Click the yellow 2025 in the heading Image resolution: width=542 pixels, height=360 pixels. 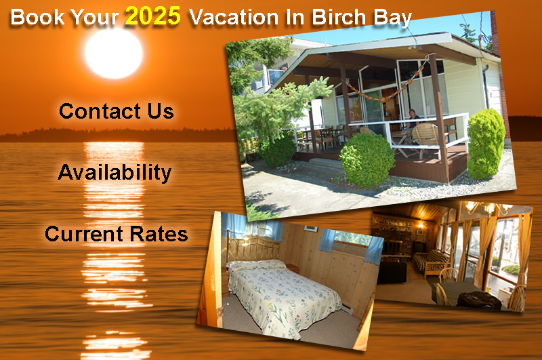click(152, 16)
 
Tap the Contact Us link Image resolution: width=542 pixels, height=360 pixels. click(116, 111)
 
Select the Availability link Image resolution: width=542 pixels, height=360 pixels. click(114, 172)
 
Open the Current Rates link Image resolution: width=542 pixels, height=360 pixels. click(116, 234)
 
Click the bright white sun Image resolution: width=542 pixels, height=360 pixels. click(114, 54)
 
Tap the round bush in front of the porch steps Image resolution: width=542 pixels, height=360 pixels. click(367, 160)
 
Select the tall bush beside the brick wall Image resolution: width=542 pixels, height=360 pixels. click(486, 144)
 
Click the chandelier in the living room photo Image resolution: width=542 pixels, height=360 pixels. click(488, 207)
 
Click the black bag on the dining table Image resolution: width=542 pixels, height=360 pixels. click(479, 300)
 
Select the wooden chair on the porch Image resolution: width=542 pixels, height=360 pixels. click(425, 140)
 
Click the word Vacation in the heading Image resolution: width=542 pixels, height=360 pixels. click(234, 18)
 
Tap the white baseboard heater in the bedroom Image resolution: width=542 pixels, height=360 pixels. click(348, 309)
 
